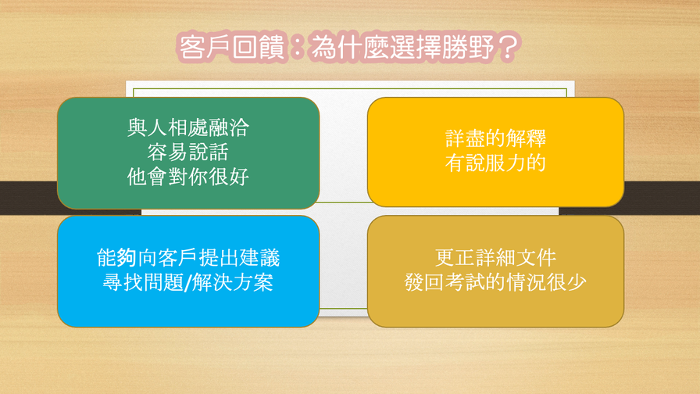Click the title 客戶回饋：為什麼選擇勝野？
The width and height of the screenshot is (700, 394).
[348, 46]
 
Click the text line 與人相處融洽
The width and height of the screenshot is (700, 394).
[188, 127]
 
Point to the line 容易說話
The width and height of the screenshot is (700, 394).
[188, 152]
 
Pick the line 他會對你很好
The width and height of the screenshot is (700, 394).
[188, 177]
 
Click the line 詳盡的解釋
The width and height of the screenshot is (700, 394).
[495, 138]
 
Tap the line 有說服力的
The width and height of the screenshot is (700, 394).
[495, 163]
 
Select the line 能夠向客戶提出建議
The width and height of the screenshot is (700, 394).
[188, 258]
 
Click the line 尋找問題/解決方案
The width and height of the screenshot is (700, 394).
[188, 282]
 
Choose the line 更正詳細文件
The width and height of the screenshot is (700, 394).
[495, 258]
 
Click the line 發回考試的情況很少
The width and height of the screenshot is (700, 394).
[495, 282]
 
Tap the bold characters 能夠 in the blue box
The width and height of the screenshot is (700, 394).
[116, 258]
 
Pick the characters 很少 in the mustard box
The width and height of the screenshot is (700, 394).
[566, 282]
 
